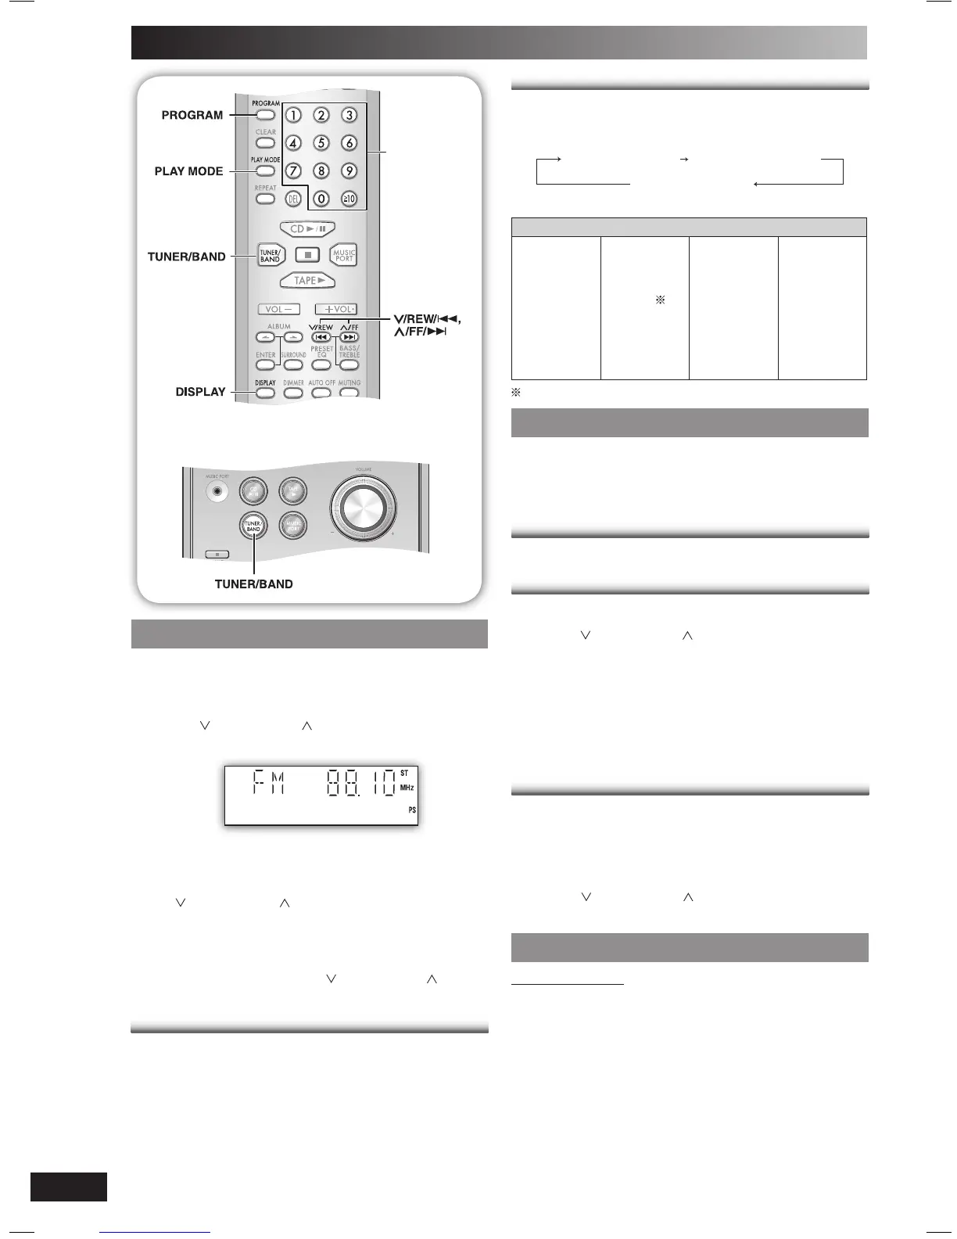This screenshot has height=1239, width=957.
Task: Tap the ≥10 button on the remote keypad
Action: (349, 199)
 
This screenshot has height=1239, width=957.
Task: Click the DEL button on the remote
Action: (293, 199)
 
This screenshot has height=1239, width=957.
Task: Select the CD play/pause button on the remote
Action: (307, 229)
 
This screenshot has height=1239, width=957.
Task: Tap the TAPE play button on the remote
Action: (307, 281)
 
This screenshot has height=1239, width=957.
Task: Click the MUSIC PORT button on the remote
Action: (344, 255)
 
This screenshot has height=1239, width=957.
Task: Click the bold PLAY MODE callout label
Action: (188, 171)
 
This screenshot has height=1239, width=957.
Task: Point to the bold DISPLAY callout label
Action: (200, 392)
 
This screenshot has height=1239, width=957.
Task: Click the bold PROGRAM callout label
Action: (192, 115)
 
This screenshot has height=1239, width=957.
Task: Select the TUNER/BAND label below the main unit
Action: (253, 584)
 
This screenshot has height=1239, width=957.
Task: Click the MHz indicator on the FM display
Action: (407, 788)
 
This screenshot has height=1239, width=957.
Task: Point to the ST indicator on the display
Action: (404, 773)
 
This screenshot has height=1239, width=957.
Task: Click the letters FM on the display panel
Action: (268, 784)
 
